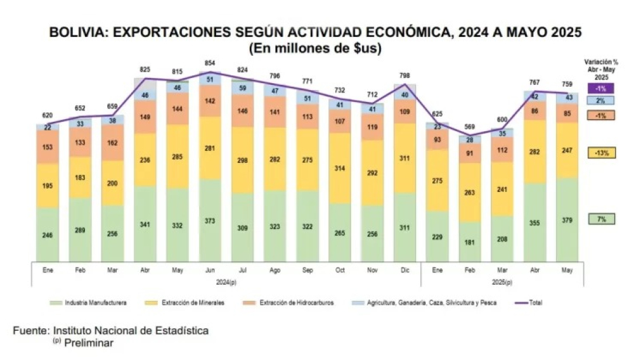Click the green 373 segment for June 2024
pos(210,220)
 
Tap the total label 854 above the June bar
pos(210,63)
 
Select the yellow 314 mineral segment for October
pos(340,168)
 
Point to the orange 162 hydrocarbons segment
pos(112,143)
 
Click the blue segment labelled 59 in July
pos(242,87)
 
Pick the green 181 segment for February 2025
pos(469,241)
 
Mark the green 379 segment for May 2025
pos(567,220)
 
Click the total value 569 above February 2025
pos(469,127)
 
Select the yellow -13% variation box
pos(602,153)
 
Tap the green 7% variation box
pos(602,219)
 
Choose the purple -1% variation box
pos(602,88)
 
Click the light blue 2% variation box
pos(602,100)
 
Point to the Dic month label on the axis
pos(404,270)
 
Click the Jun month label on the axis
pos(210,270)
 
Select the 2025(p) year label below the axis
pos(501,283)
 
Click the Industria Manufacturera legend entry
pos(88,302)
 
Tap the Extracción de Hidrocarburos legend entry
pos(288,302)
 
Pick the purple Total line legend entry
pos(527,302)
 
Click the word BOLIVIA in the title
pos(78,32)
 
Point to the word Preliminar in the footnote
pos(89,343)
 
